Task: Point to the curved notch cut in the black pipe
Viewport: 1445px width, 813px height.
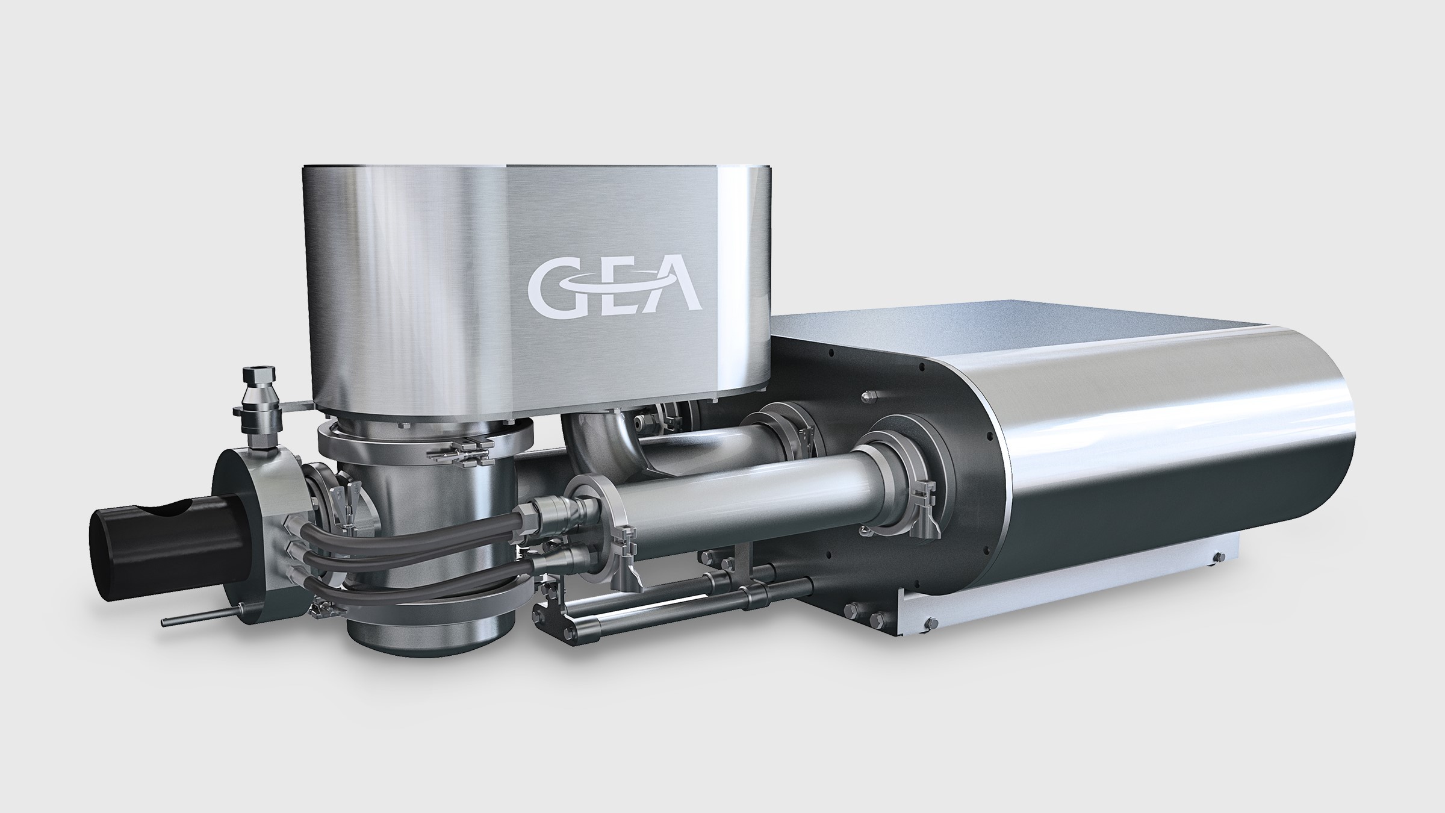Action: (163, 510)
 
